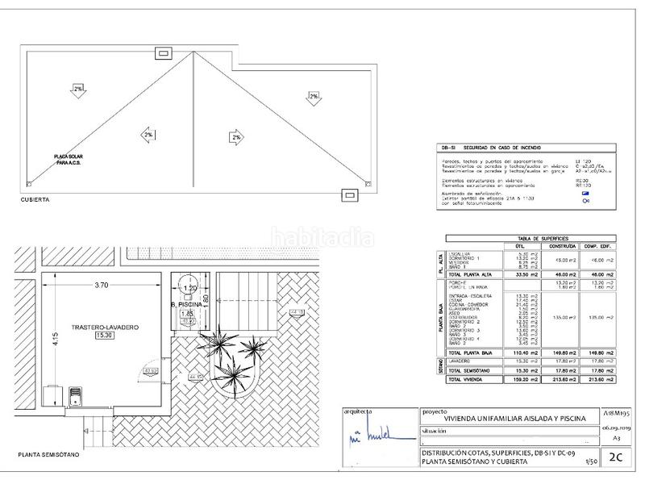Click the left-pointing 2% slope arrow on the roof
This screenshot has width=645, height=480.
148,135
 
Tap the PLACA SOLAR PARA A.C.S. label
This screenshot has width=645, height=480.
72,160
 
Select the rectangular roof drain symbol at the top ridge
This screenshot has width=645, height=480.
164,52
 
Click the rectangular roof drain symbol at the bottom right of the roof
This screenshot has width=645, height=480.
350,194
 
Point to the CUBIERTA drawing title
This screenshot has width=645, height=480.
36,199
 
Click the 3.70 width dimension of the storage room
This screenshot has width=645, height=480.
101,285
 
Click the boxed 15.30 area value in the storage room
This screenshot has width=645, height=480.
102,335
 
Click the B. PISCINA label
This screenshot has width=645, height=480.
186,304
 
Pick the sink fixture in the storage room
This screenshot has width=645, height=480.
76,395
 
